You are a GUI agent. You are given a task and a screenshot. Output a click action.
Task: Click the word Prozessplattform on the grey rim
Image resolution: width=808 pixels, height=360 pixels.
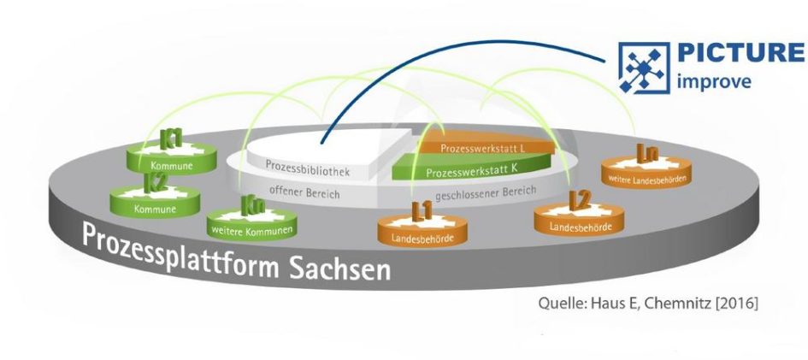(181, 251)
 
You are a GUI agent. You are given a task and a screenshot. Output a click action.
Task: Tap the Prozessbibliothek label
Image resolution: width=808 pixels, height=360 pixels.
(308, 168)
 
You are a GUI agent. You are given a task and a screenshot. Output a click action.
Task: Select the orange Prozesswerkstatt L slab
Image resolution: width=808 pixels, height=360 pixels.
(485, 145)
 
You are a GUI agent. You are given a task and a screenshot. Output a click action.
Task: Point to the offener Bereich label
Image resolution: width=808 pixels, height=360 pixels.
(304, 192)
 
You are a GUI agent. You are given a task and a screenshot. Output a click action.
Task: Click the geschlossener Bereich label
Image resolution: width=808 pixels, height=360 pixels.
(486, 192)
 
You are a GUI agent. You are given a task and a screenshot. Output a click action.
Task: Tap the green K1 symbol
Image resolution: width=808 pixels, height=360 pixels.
(171, 139)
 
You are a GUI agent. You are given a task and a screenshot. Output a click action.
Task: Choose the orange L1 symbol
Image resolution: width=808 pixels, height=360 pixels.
(422, 211)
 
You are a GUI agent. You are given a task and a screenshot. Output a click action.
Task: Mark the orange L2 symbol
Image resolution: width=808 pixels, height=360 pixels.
(579, 200)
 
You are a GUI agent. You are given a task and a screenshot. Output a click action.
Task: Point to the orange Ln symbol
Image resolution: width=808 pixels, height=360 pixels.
(647, 153)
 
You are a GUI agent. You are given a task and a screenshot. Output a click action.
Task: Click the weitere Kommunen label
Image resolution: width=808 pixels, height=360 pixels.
(252, 230)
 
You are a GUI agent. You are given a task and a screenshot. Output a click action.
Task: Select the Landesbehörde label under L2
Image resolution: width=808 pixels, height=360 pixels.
(580, 226)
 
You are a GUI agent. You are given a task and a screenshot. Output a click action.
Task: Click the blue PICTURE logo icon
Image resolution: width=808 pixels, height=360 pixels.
(644, 68)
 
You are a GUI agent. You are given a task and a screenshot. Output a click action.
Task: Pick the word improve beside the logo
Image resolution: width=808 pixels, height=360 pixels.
(713, 82)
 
